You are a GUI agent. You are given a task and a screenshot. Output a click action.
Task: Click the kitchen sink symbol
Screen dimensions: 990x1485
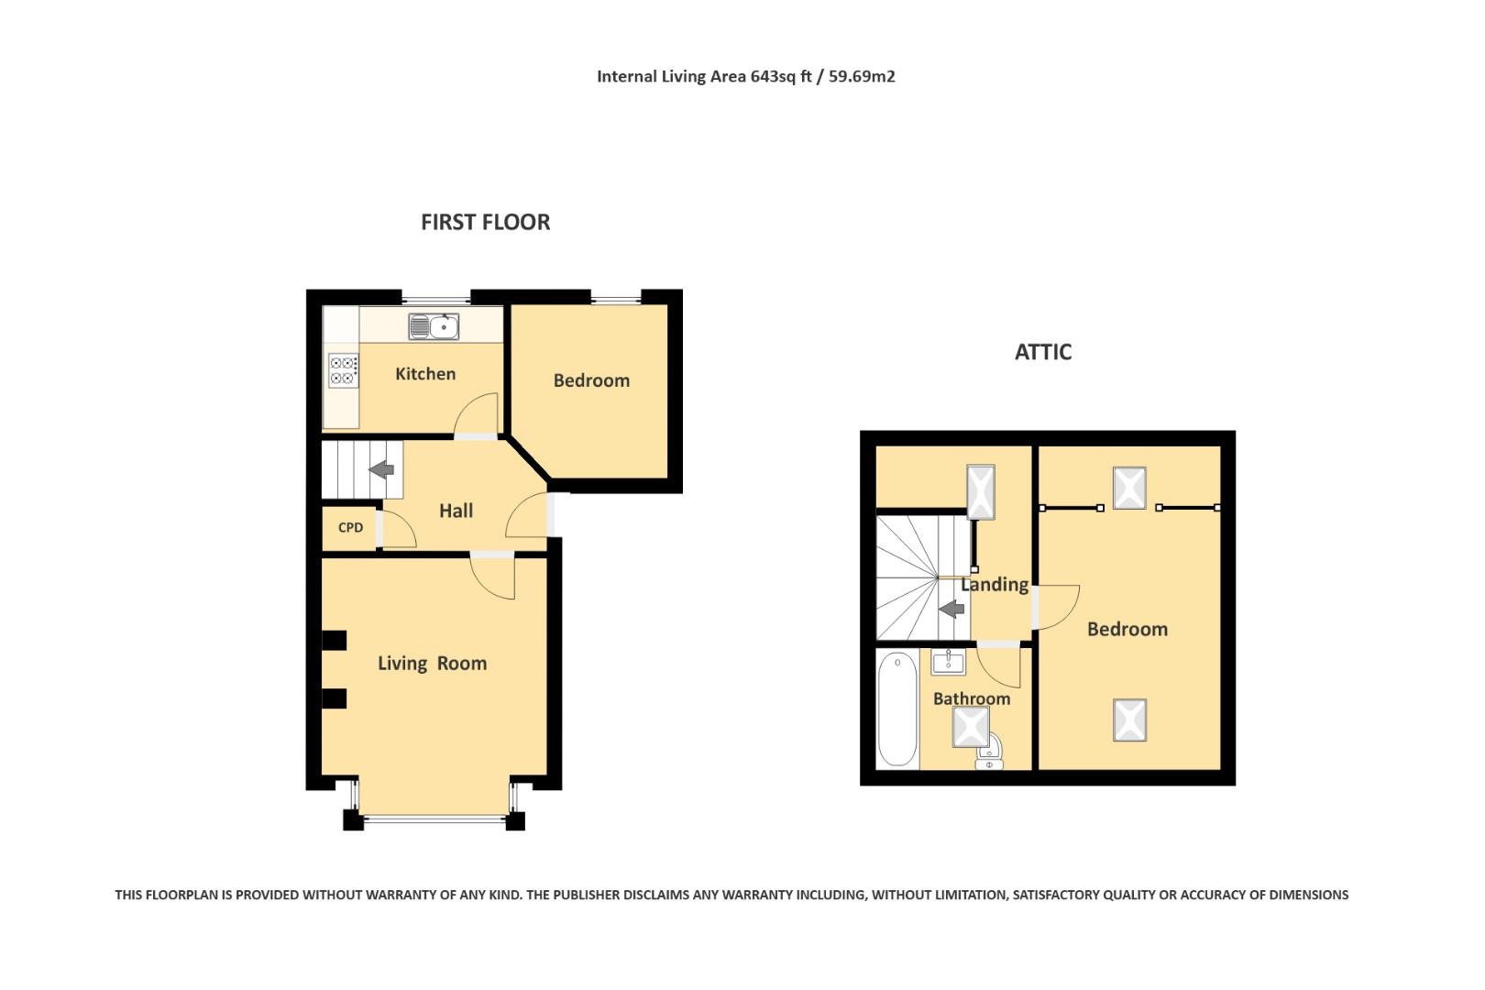coord(434,326)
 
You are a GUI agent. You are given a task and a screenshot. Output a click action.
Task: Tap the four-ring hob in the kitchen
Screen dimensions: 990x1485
coord(343,370)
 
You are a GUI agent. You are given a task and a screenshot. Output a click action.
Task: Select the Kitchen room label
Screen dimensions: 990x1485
coord(424,374)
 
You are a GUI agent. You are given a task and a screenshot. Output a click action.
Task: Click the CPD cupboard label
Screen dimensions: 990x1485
coord(350,528)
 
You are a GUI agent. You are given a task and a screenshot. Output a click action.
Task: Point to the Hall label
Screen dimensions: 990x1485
coord(456,511)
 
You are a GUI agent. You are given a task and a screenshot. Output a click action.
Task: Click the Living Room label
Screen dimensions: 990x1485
coord(432,664)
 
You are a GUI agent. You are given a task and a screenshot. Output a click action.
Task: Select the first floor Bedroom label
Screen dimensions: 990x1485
coord(591,380)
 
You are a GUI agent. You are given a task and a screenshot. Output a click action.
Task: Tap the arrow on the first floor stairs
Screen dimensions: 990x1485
coord(381,470)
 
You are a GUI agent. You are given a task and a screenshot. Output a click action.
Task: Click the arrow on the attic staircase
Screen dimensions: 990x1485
coord(951,608)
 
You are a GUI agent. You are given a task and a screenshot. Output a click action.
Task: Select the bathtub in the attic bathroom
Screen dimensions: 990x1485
coord(896,709)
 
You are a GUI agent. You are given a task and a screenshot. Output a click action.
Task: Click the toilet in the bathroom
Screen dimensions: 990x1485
coord(988,754)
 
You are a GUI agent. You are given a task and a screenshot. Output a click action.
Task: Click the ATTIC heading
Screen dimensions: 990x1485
coord(1042,352)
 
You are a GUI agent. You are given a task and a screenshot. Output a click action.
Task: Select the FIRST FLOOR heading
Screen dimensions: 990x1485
coord(485,222)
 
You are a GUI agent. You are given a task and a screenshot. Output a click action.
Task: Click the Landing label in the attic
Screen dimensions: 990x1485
coord(994,585)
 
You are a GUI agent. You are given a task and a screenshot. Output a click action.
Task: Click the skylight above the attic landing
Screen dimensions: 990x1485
coord(980,492)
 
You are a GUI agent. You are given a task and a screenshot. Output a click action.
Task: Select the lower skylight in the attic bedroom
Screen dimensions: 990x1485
coord(1129,720)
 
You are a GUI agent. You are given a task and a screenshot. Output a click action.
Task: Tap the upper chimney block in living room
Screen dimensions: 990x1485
coord(334,640)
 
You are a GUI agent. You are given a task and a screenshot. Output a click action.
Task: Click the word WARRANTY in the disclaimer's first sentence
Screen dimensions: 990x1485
coord(416,895)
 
